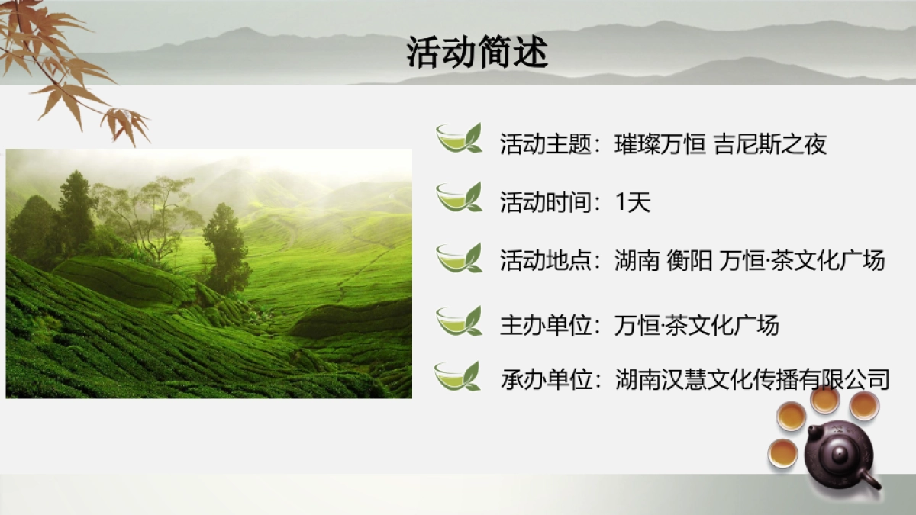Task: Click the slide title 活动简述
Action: click(477, 53)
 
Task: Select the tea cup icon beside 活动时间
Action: click(458, 197)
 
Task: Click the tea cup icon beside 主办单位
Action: click(458, 320)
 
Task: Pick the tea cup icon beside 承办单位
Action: click(457, 376)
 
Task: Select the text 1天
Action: click(632, 203)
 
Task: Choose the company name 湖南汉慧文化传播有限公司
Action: click(753, 379)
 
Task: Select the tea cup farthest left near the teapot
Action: click(782, 452)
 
